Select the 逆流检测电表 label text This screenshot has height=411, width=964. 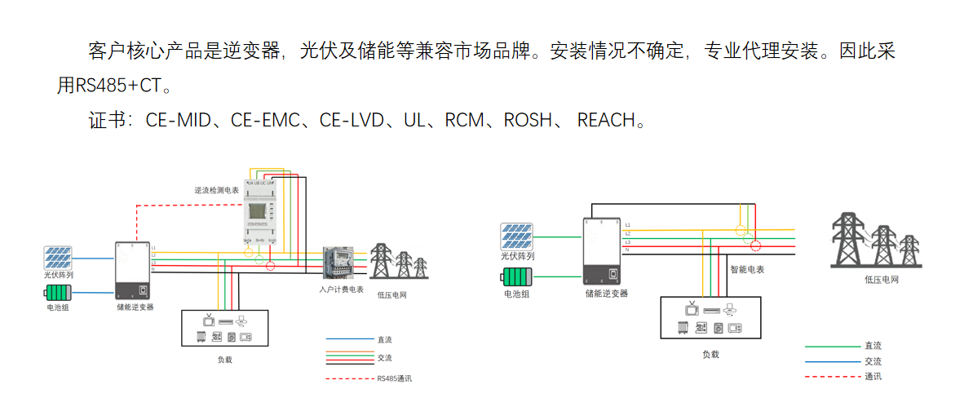(x=216, y=189)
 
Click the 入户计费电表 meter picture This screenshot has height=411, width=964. (x=339, y=265)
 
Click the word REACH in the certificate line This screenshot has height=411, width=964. (x=605, y=121)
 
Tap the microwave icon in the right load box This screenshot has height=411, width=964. (x=736, y=328)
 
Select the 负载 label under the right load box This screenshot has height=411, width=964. (x=710, y=354)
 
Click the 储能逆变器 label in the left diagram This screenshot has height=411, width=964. (x=135, y=307)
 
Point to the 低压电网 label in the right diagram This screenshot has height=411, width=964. (x=882, y=280)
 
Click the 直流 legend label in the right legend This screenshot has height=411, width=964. (x=873, y=347)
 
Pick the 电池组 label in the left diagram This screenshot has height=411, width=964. (x=58, y=309)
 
